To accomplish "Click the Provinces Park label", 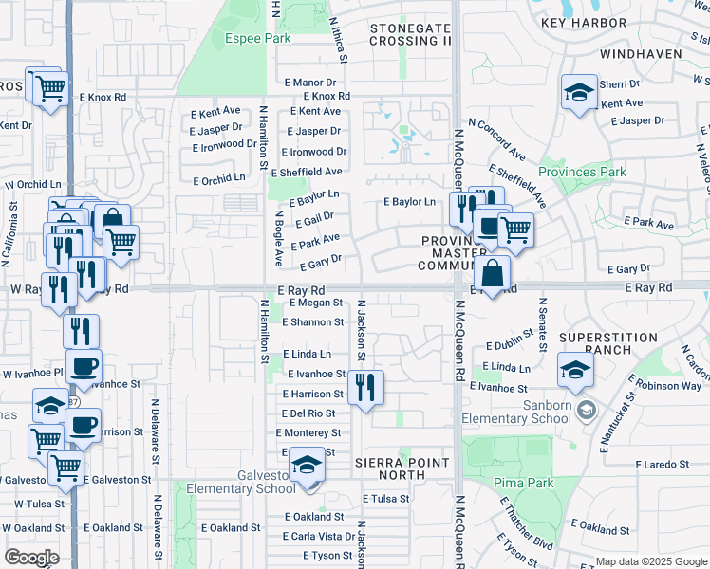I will tap(582, 172).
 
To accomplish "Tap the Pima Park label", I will tap(524, 483).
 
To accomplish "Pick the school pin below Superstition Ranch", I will tap(575, 370).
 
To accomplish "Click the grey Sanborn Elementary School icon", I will tap(587, 409).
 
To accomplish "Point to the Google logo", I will tap(31, 557).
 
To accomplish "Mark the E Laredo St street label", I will tap(657, 465).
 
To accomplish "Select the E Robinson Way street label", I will tap(669, 386).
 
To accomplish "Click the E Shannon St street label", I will tap(312, 322).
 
